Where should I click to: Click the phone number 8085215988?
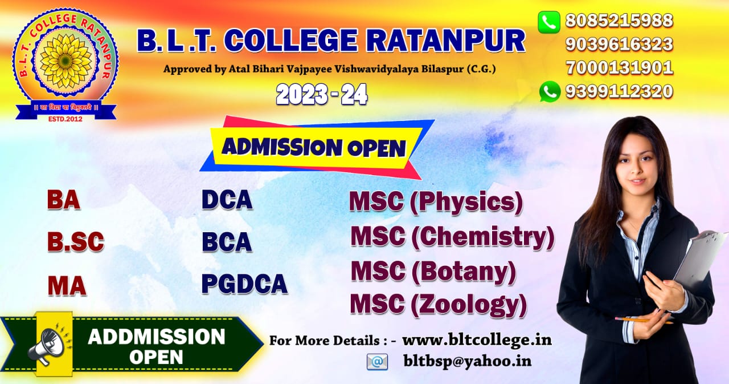(619, 21)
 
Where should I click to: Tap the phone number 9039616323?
(619, 44)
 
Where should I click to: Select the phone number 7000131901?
(619, 67)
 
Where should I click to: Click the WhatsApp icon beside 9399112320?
(550, 91)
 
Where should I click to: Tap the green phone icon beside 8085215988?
(549, 22)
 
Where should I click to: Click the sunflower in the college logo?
(65, 61)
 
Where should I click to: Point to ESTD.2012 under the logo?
(65, 119)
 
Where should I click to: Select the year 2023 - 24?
(322, 95)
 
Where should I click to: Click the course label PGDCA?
(244, 284)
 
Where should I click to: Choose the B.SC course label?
(76, 241)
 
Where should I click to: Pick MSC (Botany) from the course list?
(433, 272)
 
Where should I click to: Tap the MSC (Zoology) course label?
(439, 305)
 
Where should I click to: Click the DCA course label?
(227, 200)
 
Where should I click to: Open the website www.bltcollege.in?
(477, 340)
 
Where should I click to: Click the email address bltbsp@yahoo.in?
(468, 361)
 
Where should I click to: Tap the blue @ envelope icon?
(377, 362)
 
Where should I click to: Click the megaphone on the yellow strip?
(49, 345)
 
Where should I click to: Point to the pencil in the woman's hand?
(644, 320)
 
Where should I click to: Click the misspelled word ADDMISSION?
(157, 337)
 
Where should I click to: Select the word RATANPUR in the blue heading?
(446, 41)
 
